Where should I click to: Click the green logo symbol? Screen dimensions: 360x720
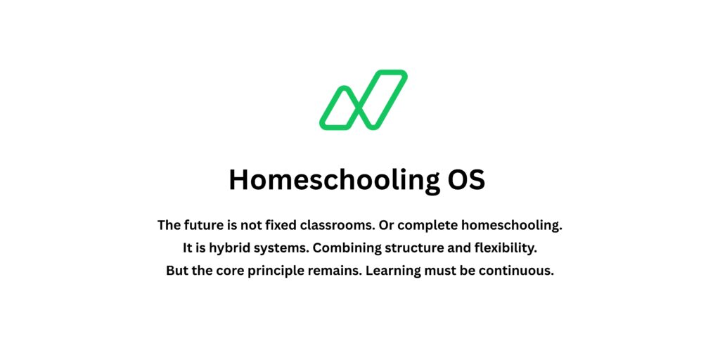coord(364,100)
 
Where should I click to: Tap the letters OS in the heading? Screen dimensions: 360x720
coord(466,180)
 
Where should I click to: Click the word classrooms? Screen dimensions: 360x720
coord(336,226)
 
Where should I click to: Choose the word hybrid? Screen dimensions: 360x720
coord(229,248)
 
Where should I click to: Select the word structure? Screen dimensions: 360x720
coord(411,248)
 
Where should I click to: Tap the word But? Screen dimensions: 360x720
coord(179,271)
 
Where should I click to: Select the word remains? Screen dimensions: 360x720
coord(336,271)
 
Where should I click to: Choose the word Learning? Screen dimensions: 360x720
coord(393,271)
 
